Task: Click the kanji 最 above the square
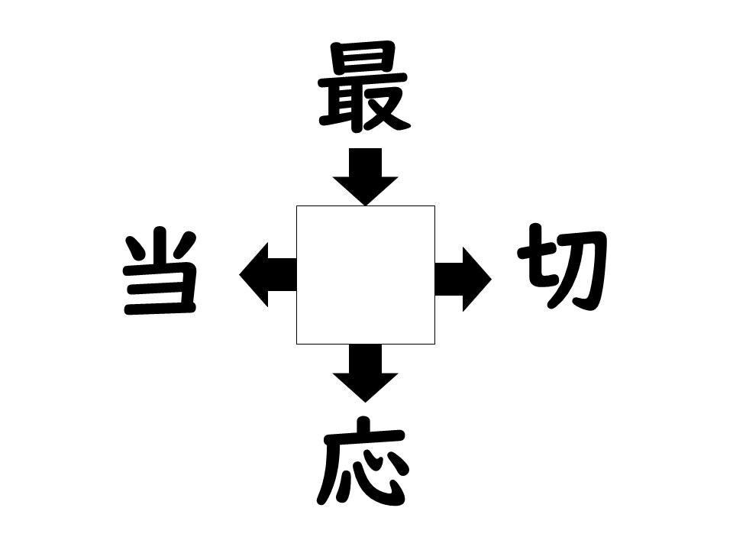tap(364, 86)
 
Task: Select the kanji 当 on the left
tap(160, 271)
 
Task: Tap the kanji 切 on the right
tap(563, 267)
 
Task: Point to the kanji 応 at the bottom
tap(363, 461)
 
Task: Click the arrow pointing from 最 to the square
tap(365, 176)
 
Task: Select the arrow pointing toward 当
tap(268, 274)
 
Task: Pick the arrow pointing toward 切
tap(463, 280)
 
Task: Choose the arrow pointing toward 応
tap(365, 374)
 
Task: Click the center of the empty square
tap(366, 275)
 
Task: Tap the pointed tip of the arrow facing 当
tap(239, 274)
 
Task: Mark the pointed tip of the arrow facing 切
tap(491, 280)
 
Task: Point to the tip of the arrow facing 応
tap(365, 403)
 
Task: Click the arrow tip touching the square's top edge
tap(365, 205)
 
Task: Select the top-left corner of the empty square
tap(296, 205)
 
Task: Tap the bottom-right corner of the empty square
tap(435, 345)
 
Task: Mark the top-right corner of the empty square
tap(435, 205)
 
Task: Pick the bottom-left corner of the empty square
tap(296, 345)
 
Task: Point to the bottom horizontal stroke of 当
tap(160, 308)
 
